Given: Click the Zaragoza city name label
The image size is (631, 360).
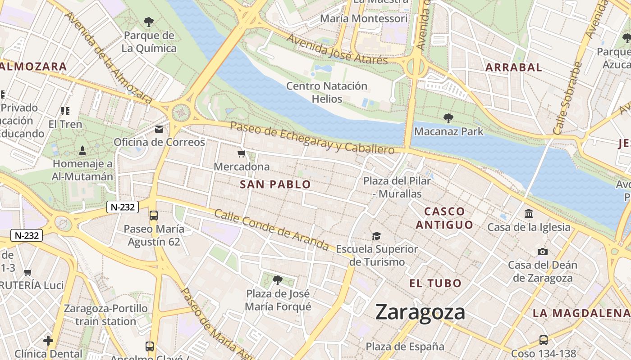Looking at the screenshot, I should point(420,312).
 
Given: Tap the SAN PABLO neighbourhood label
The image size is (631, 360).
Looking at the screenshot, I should point(275,184).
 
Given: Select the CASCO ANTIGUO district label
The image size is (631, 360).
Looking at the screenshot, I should point(444,218).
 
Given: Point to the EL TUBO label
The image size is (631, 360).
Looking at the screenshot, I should point(435,283).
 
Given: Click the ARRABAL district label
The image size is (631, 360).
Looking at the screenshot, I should point(513,67).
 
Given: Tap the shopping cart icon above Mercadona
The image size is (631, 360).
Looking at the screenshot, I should point(242,154).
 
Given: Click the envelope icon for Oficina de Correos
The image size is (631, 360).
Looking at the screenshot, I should point(159,130).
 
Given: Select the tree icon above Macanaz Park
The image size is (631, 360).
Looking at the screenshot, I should point(448,118).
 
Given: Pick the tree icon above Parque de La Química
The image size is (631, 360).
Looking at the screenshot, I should point(148,22).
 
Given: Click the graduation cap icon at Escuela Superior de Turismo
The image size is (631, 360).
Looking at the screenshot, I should point(376,236).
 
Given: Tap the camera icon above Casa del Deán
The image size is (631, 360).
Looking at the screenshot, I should point(543,252).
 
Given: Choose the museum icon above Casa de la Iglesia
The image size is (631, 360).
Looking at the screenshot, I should point(529,214).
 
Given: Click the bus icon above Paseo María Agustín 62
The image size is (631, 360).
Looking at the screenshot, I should point(154,216).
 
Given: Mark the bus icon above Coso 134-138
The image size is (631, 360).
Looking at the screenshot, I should point(544,340).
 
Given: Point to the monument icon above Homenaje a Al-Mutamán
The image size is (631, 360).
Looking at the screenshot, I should point(82,150).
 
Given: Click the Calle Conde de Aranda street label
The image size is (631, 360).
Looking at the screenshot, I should point(271,229).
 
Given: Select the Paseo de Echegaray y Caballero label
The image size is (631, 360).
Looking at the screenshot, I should point(312,137).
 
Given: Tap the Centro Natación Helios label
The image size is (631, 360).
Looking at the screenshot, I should point(327,92).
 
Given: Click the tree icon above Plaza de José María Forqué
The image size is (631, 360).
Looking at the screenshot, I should point(278,280).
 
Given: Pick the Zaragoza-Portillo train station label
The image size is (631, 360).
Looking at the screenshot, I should point(106,315).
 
